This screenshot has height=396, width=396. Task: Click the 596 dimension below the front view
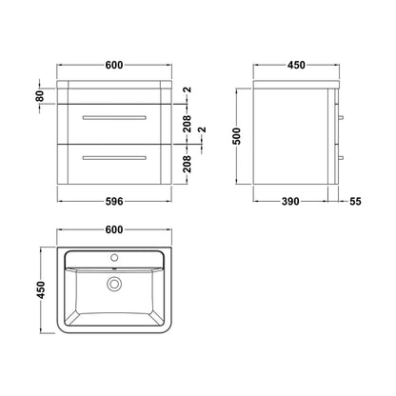click(114, 201)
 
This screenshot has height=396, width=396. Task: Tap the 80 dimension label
click(40, 96)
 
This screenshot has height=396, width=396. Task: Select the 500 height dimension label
click(237, 136)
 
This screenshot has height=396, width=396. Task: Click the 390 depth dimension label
click(290, 201)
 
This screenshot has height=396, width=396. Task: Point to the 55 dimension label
click(355, 201)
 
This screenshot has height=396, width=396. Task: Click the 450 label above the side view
click(296, 65)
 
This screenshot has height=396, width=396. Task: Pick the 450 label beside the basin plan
click(41, 289)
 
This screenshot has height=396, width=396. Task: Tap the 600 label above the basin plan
click(114, 229)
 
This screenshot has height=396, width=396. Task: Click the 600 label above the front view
click(114, 65)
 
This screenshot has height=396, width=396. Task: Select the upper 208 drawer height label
click(188, 124)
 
